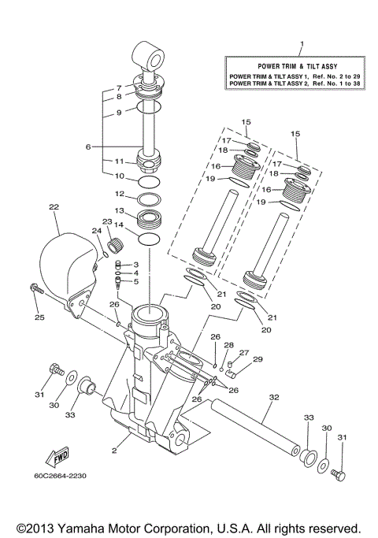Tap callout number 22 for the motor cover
point(54,207)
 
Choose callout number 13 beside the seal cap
point(120,211)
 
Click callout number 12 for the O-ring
point(120,194)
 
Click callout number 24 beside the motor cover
point(97,231)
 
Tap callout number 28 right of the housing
point(229,345)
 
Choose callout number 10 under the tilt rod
point(120,176)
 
